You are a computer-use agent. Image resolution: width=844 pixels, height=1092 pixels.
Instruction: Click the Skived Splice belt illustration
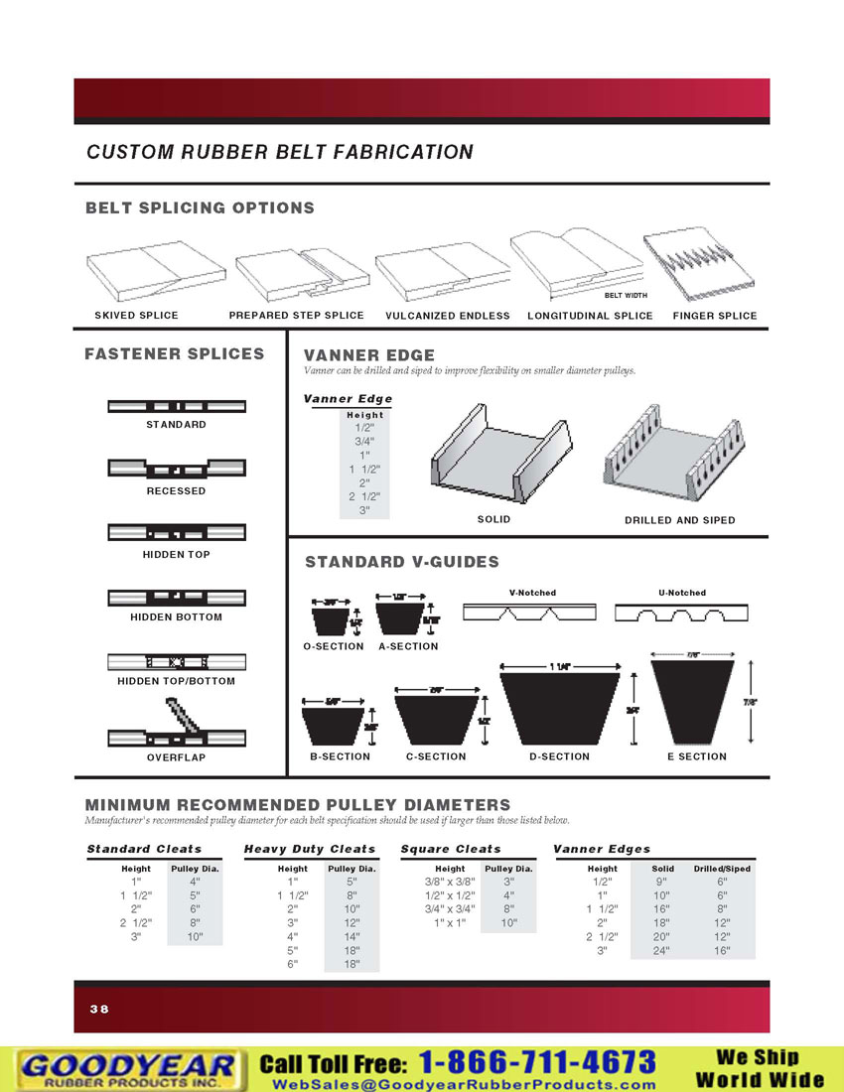coord(136,272)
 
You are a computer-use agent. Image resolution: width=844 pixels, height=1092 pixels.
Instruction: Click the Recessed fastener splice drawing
coord(176,468)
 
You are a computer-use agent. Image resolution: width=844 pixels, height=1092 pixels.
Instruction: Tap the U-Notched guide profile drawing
coord(681,614)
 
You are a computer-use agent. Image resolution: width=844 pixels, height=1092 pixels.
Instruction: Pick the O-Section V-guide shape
coord(332,622)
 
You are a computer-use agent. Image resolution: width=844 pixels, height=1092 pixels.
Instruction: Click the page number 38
coord(99,1009)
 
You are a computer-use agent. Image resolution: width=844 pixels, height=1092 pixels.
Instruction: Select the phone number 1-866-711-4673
coord(537,1062)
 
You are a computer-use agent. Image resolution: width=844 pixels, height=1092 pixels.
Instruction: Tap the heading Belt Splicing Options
coord(200,207)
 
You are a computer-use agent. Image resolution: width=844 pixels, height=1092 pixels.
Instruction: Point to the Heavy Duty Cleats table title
coord(310,849)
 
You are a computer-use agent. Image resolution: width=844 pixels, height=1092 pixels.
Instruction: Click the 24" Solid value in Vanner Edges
coord(662,950)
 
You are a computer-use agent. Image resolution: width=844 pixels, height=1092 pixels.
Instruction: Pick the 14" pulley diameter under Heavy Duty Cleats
coord(352,936)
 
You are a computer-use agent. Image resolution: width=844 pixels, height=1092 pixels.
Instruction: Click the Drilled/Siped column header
coord(722,869)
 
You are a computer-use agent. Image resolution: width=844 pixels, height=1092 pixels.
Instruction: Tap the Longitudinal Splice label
coord(590,316)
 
